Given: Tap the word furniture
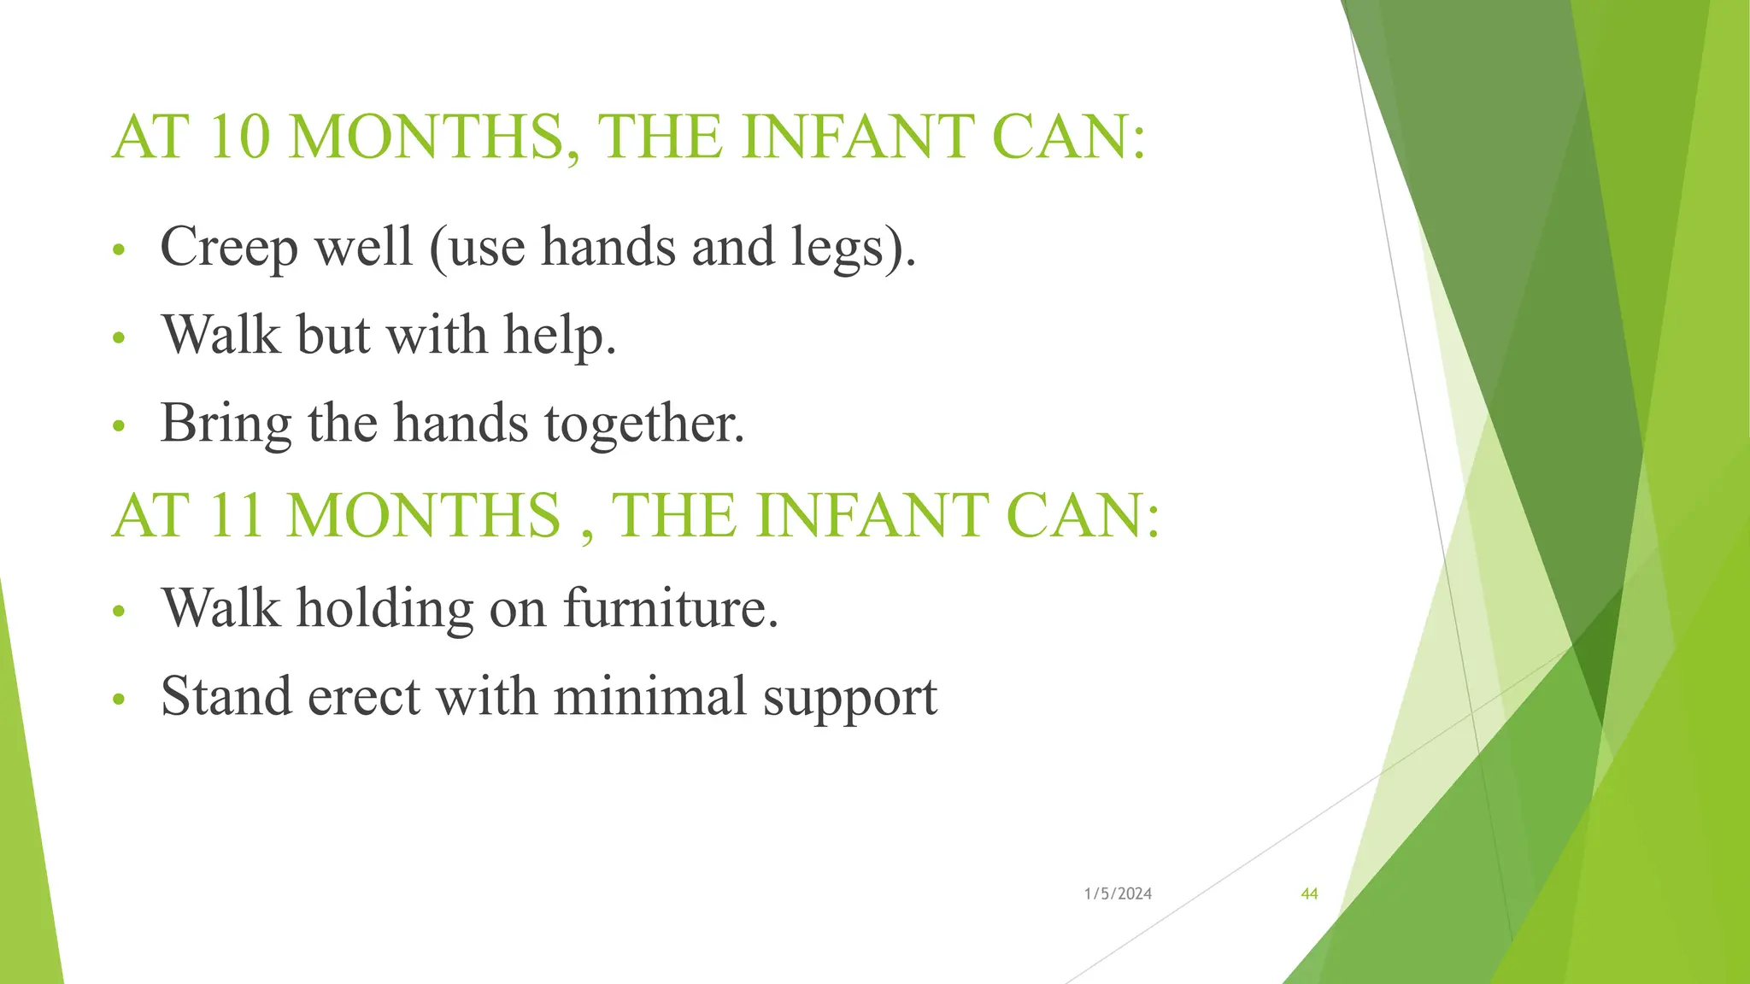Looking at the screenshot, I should (670, 608).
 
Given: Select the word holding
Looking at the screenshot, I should (385, 608).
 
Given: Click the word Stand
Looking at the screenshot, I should (226, 696).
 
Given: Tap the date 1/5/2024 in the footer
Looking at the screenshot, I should (1118, 894).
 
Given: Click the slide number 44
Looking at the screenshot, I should (1309, 894).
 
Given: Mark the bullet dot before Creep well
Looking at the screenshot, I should (119, 250).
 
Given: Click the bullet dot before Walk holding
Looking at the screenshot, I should (119, 612).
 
